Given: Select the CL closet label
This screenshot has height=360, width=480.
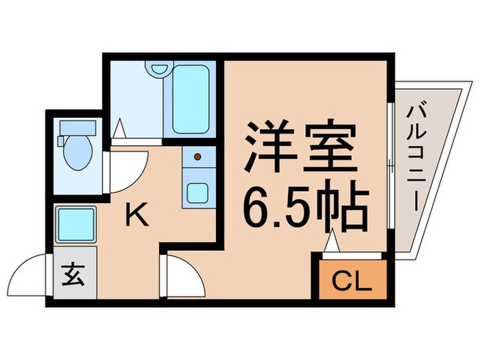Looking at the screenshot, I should click(352, 281).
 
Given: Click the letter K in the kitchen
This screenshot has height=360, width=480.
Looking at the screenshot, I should click(138, 217).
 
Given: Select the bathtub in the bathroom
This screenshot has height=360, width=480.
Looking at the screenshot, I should click(189, 99).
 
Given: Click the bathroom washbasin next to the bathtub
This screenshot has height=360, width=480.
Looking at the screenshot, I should click(159, 71).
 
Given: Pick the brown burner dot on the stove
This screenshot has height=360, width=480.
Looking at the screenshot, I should click(197, 156).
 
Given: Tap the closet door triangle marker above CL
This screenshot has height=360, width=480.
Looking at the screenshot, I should click(332, 243).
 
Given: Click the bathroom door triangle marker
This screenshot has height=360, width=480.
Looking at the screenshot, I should click(118, 128).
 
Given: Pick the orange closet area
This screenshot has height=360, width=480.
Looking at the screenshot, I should click(352, 281).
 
